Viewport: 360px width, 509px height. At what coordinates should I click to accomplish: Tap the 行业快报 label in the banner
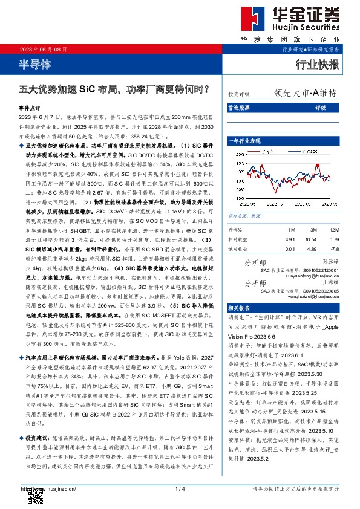tap(316, 65)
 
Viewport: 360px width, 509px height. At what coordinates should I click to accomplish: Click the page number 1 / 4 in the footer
tap(180, 488)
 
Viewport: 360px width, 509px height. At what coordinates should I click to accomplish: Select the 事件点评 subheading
tap(30, 105)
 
